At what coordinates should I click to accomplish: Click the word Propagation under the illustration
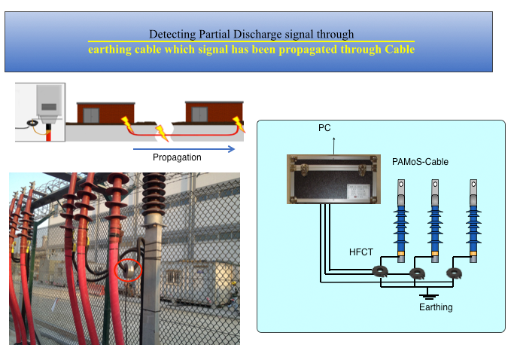[x=177, y=157]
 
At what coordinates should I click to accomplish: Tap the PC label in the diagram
[x=325, y=129]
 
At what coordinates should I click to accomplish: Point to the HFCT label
[x=361, y=252]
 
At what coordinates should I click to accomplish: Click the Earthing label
[x=436, y=307]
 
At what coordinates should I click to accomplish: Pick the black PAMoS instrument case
[x=330, y=178]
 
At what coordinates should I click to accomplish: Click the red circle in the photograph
[x=129, y=269]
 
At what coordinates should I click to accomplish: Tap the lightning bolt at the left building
[x=126, y=121]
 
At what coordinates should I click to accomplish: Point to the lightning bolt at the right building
[x=239, y=122]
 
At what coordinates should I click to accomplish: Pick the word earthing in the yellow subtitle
[x=111, y=50]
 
